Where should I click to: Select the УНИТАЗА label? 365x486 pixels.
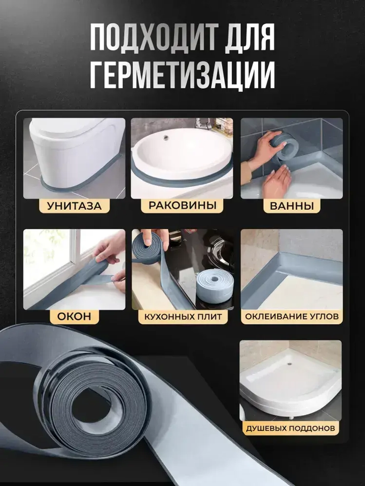(x=74, y=206)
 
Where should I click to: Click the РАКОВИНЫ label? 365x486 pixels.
(x=182, y=206)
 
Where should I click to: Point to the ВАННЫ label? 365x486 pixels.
(x=292, y=206)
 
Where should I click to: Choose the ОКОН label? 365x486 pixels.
(x=74, y=316)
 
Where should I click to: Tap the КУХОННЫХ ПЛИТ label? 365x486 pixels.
(x=183, y=316)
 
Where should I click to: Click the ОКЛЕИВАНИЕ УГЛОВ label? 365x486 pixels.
(x=292, y=316)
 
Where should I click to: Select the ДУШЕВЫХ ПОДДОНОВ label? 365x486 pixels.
(x=291, y=428)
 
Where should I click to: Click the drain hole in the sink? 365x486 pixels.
(x=165, y=137)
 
